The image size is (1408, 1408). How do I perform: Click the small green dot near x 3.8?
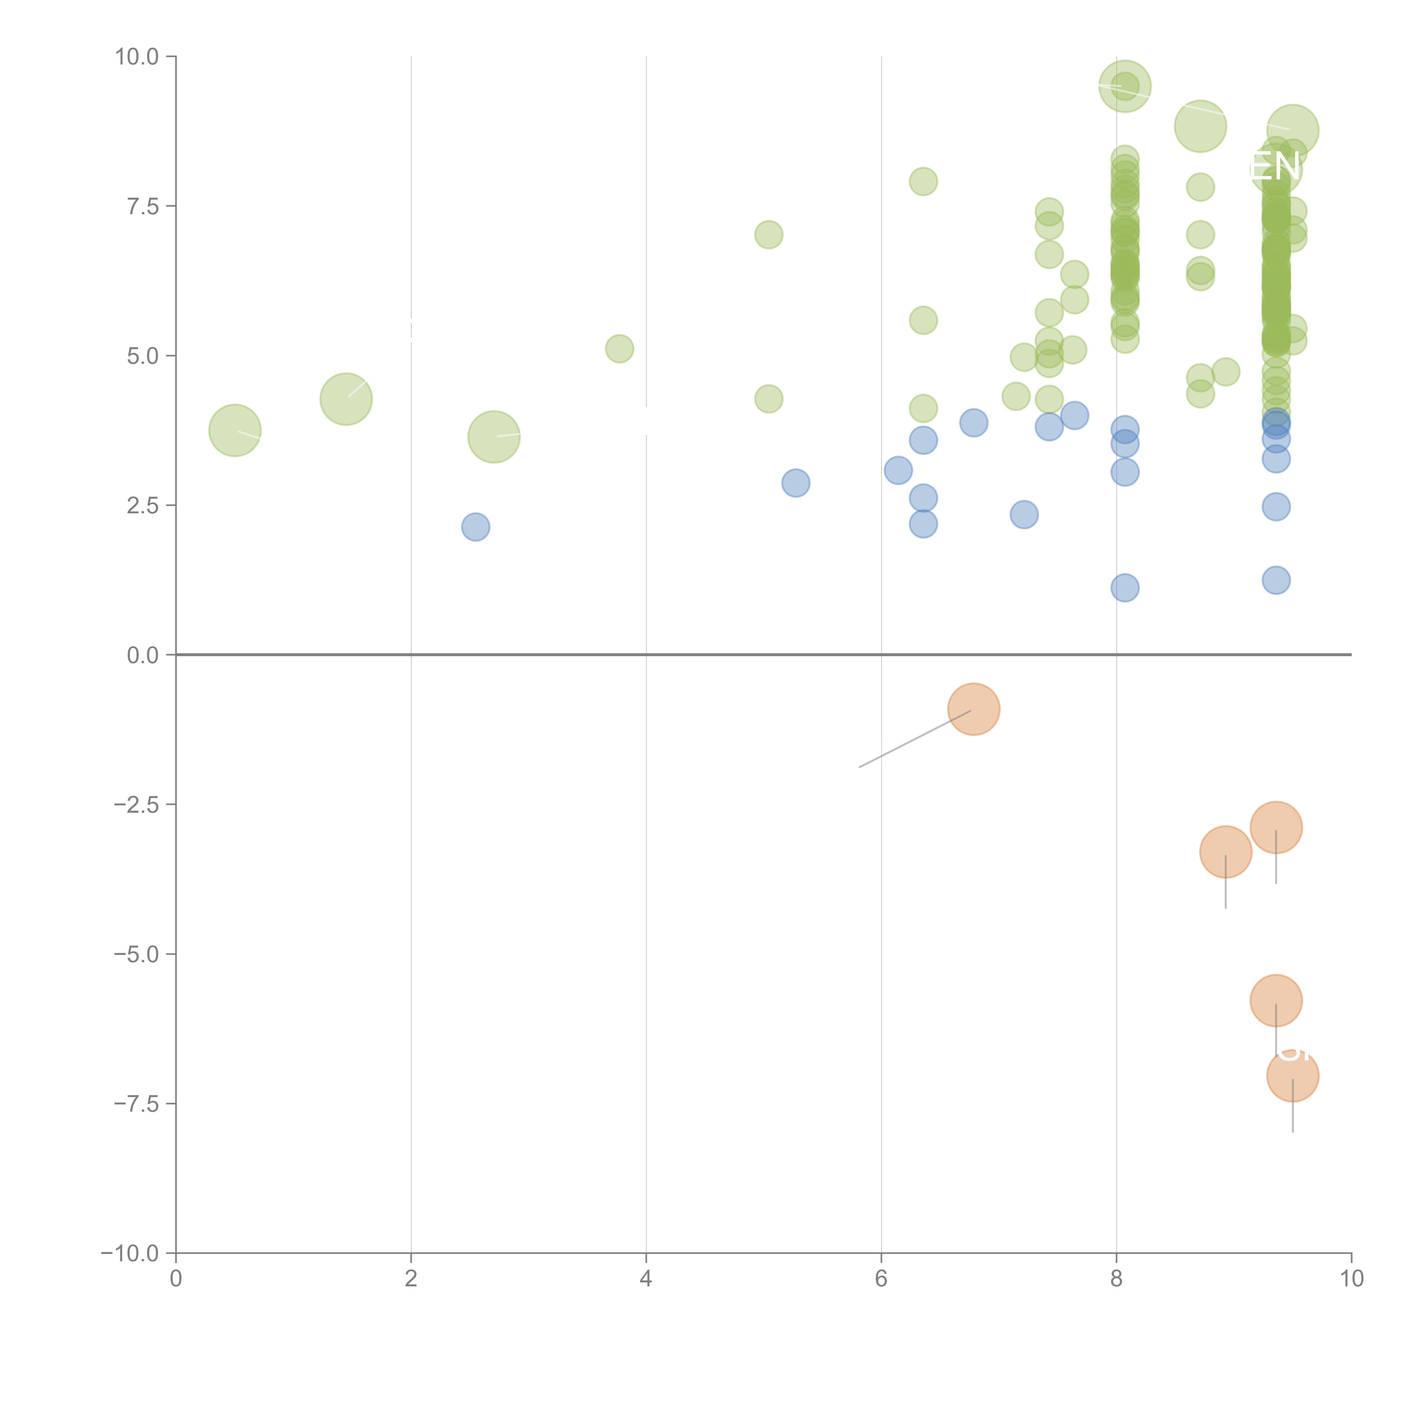[x=620, y=349]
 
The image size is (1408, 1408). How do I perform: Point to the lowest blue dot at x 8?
[x=1124, y=587]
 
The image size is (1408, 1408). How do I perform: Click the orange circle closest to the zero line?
[x=974, y=709]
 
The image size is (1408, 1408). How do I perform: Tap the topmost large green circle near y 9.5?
[x=1124, y=86]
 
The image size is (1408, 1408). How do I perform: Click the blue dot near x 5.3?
[x=796, y=482]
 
